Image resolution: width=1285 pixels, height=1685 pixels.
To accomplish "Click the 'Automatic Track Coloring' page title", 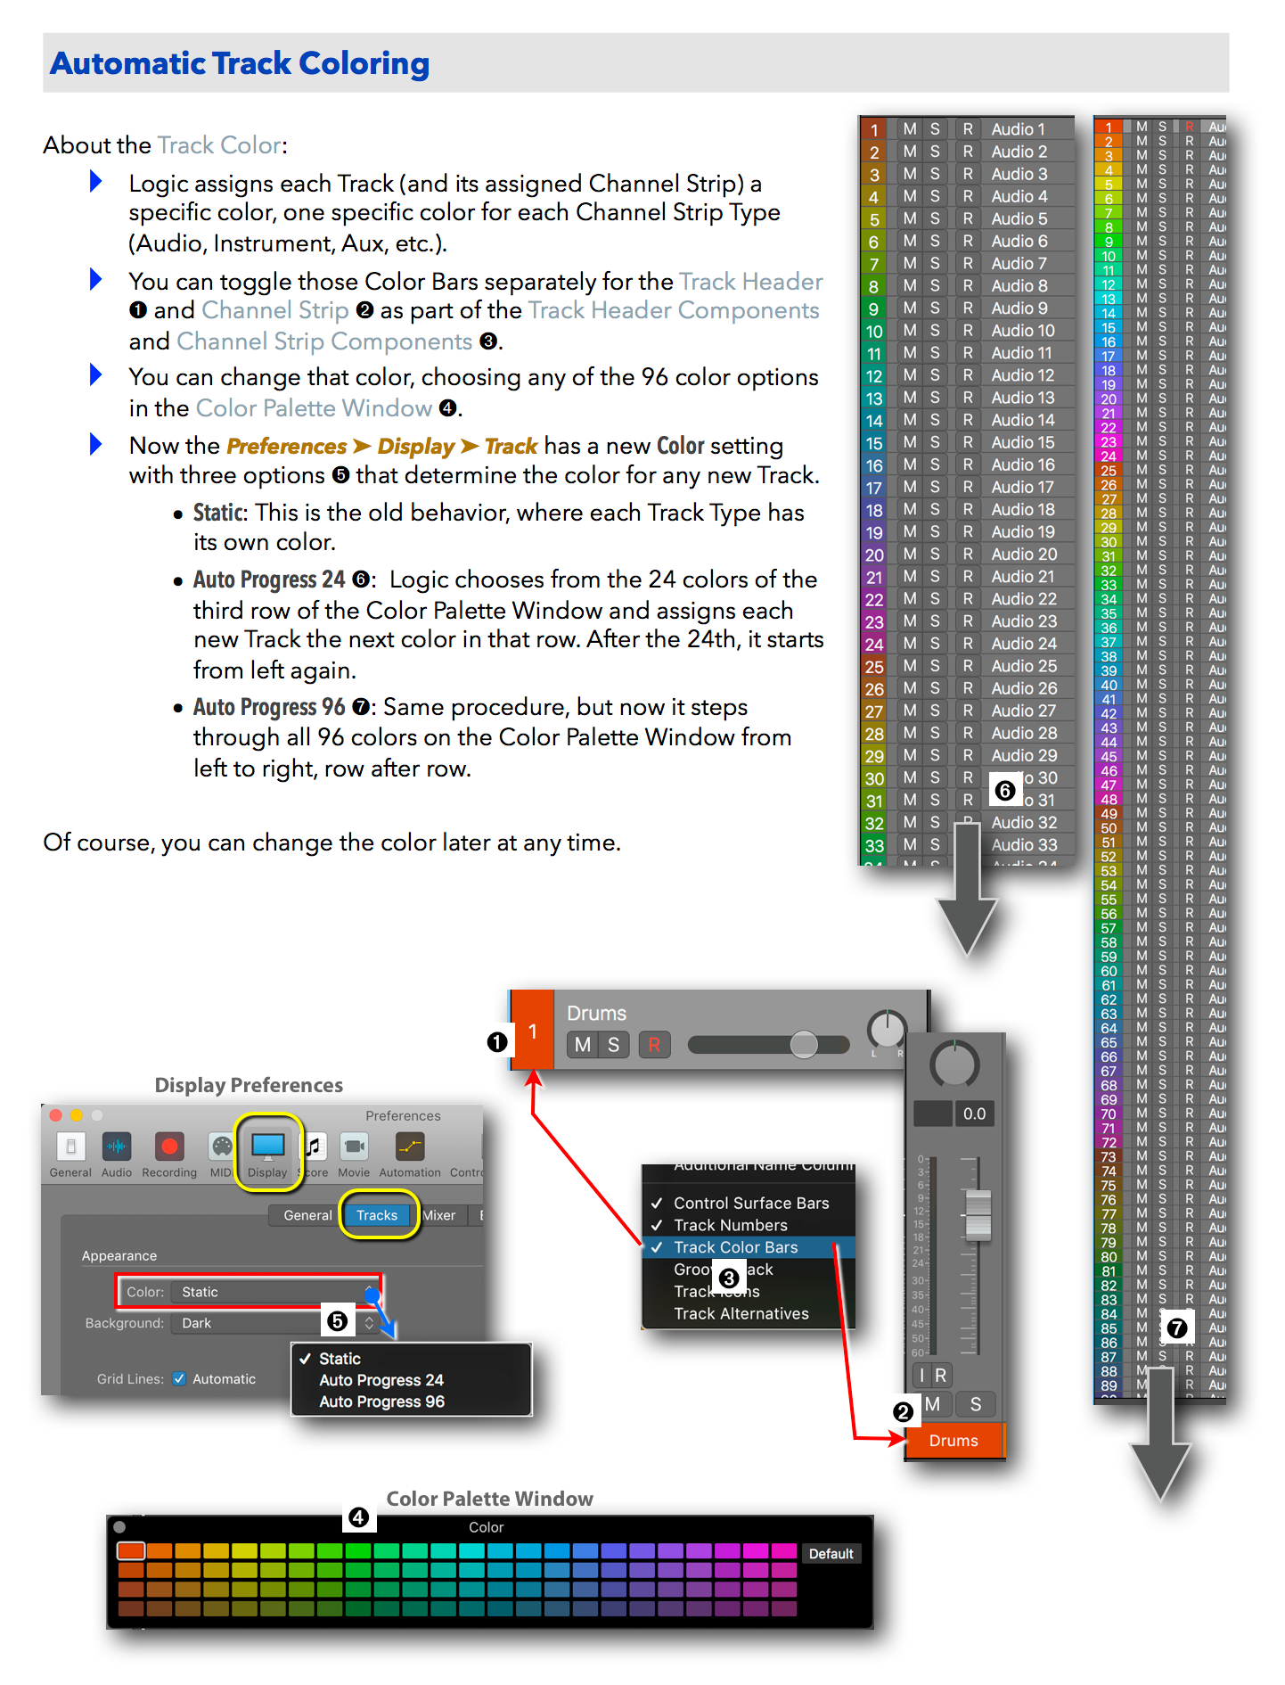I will tap(240, 63).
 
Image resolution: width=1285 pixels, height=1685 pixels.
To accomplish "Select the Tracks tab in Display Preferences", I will tap(377, 1215).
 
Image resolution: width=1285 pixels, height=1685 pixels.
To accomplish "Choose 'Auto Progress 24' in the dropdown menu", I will tap(381, 1380).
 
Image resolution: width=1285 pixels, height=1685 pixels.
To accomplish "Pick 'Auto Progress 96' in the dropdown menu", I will tap(381, 1401).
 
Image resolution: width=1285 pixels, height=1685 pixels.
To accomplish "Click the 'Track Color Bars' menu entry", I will tap(735, 1247).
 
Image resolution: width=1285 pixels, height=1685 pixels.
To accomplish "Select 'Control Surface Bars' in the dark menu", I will tap(750, 1203).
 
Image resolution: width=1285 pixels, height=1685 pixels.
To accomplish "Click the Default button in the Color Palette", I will tap(831, 1554).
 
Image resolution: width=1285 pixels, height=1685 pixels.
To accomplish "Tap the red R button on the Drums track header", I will tap(654, 1045).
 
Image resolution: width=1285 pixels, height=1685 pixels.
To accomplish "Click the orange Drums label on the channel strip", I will tap(954, 1441).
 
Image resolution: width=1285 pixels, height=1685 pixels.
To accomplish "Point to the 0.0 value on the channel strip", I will tap(974, 1114).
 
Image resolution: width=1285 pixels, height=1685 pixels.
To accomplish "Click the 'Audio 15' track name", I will tap(1022, 442).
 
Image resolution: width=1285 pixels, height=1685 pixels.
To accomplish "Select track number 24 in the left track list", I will tap(874, 644).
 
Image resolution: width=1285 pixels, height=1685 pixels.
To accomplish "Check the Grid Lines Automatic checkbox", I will tap(179, 1378).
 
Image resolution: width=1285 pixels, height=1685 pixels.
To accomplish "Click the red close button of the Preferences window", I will tap(56, 1115).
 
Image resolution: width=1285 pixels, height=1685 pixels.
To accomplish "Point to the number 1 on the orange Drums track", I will tap(532, 1032).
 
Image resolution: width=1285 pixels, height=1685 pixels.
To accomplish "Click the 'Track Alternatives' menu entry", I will tap(741, 1313).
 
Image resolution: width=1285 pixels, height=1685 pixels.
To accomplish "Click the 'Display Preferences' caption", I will tap(249, 1085).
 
